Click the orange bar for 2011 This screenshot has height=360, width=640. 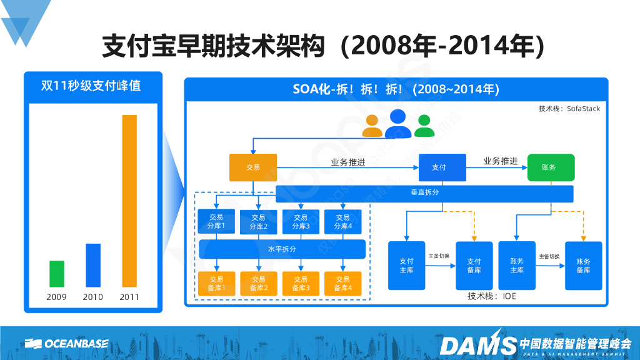[x=129, y=201]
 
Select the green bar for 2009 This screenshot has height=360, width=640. [x=57, y=274]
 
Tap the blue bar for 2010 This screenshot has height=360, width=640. [x=93, y=265]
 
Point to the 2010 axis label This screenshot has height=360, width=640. [x=93, y=297]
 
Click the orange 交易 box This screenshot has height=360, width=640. [x=252, y=167]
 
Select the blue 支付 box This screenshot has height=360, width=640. [x=442, y=167]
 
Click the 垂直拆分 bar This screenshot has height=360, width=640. [x=424, y=193]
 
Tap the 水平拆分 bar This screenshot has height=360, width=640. [x=282, y=249]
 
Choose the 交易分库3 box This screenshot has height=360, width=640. [x=301, y=222]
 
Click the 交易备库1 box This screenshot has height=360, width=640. [x=216, y=283]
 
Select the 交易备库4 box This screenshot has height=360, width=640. [x=342, y=283]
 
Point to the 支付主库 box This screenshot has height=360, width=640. [x=406, y=266]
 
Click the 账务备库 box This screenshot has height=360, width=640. [x=583, y=266]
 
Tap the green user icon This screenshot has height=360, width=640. [x=424, y=125]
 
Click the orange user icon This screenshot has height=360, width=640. [x=372, y=126]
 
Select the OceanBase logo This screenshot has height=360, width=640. [x=67, y=343]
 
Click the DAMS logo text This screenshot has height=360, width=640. [x=477, y=343]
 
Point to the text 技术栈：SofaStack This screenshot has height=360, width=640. [x=569, y=109]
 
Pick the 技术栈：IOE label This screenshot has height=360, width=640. [x=492, y=296]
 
